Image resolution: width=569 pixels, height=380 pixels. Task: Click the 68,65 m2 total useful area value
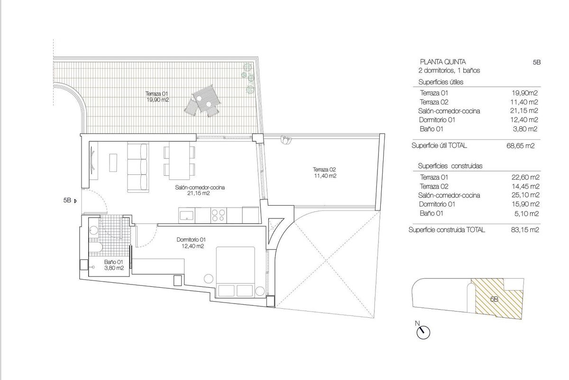521,146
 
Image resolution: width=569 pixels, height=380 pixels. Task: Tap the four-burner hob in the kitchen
220,215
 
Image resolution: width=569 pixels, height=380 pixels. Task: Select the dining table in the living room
179,161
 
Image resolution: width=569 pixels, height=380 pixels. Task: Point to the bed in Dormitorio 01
236,271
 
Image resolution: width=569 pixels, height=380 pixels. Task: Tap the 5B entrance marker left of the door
70,200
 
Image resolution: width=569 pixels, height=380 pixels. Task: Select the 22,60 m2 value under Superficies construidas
526,178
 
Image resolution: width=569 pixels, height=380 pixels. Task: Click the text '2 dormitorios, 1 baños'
446,70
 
